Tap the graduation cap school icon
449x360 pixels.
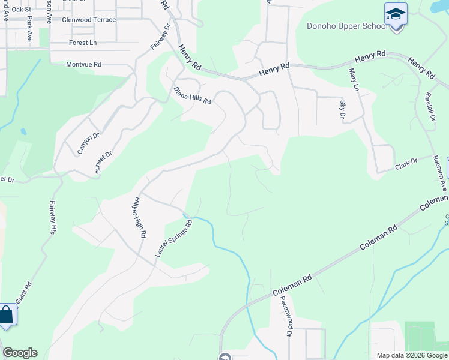click(396, 13)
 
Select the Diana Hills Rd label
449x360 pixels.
click(192, 95)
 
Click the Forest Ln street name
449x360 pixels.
click(83, 43)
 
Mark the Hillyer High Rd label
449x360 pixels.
click(139, 217)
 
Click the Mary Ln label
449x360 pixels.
click(354, 79)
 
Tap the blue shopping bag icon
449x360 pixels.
click(7, 315)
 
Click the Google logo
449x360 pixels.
click(20, 353)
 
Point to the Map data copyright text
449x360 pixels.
click(412, 355)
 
